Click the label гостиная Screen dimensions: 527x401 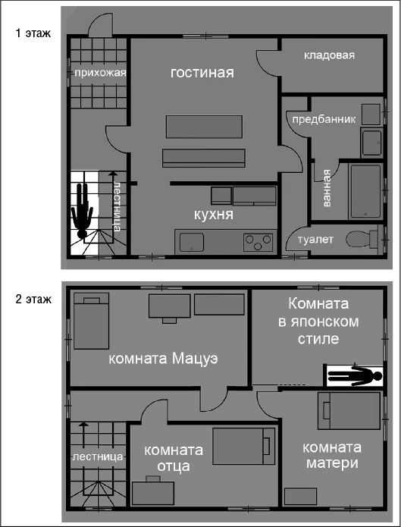pyautogui.click(x=202, y=73)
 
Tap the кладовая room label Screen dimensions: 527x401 pyautogui.click(x=329, y=55)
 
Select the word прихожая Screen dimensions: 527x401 pyautogui.click(x=99, y=74)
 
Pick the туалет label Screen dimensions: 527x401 pyautogui.click(x=315, y=240)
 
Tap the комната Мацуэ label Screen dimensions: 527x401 pyautogui.click(x=163, y=359)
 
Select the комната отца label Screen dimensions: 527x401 pyautogui.click(x=167, y=457)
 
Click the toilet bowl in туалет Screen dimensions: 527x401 pyautogui.click(x=361, y=239)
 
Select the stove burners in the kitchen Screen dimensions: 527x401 pyautogui.click(x=258, y=242)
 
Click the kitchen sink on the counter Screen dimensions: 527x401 pyautogui.click(x=191, y=242)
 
